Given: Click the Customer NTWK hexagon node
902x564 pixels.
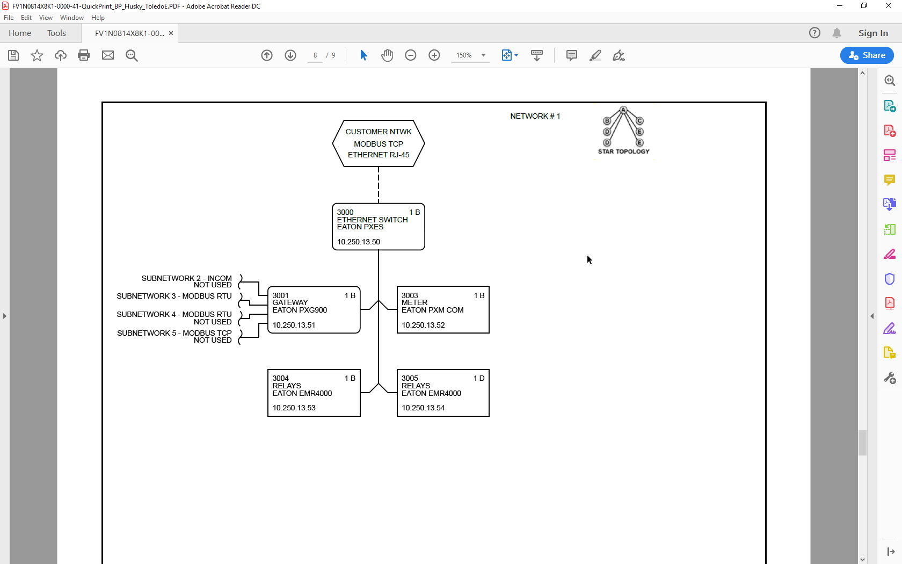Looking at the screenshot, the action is (x=379, y=143).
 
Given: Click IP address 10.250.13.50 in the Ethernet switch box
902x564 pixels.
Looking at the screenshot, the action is (x=359, y=242).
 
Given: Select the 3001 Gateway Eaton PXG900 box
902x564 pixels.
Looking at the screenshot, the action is (x=314, y=310).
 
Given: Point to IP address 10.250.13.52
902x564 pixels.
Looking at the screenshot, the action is (x=423, y=325).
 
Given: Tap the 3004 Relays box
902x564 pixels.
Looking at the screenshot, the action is (x=314, y=393).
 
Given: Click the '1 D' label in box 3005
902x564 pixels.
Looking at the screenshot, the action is (x=479, y=378).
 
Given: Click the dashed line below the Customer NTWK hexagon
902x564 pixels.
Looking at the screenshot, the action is (x=379, y=185).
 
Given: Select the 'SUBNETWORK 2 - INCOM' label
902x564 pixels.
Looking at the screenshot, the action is (x=186, y=278).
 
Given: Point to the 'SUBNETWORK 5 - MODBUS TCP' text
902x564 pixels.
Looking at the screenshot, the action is (x=174, y=333).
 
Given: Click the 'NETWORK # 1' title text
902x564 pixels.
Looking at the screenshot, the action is (x=535, y=116).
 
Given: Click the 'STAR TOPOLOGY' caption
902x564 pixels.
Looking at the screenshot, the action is (x=624, y=151).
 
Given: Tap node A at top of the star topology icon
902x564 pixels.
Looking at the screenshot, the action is (x=623, y=110).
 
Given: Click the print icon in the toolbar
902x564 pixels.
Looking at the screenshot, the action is (x=84, y=55).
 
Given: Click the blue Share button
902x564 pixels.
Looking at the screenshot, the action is (x=867, y=55).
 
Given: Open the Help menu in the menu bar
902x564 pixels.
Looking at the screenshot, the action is (x=98, y=18).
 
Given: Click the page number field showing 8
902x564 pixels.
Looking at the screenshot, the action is (x=315, y=55).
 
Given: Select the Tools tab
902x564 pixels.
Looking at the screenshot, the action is (x=56, y=33).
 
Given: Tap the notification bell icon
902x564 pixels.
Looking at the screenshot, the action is (x=836, y=33).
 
